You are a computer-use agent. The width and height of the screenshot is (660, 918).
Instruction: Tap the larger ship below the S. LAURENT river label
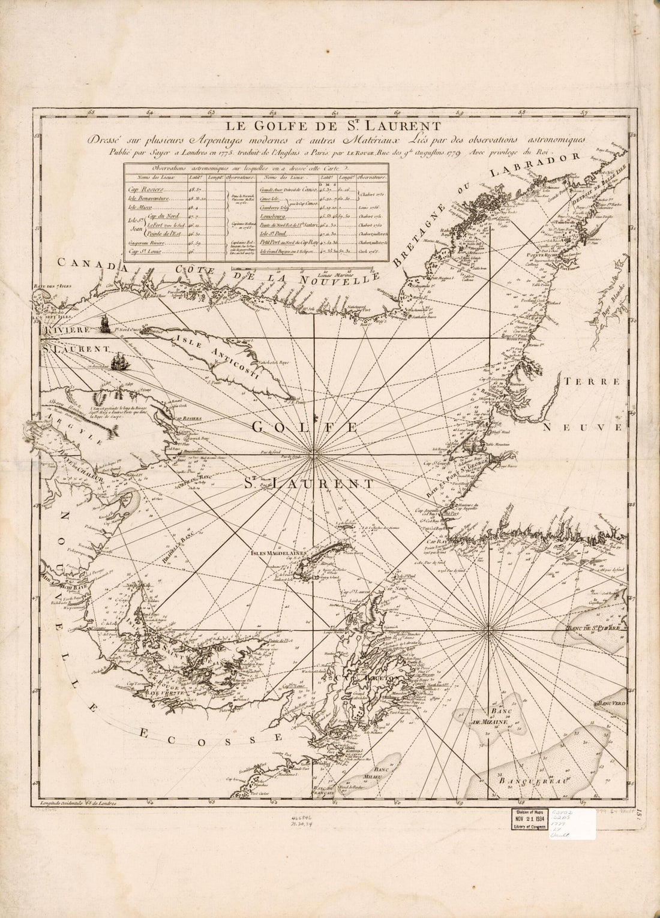click(122, 362)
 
